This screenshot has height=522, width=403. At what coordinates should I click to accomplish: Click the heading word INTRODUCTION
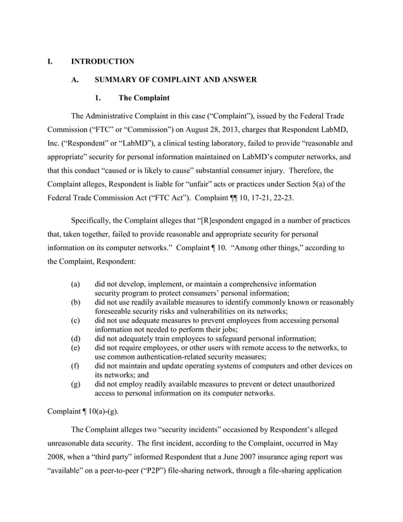click(x=102, y=61)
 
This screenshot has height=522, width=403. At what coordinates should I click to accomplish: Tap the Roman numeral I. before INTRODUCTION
click(x=50, y=61)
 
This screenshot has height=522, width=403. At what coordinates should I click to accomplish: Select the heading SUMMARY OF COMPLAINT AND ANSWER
click(x=175, y=80)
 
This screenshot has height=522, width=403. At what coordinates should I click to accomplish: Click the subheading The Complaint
click(x=143, y=98)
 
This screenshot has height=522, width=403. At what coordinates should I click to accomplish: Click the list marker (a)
click(x=75, y=284)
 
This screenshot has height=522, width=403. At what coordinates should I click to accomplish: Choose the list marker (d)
click(x=75, y=339)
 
